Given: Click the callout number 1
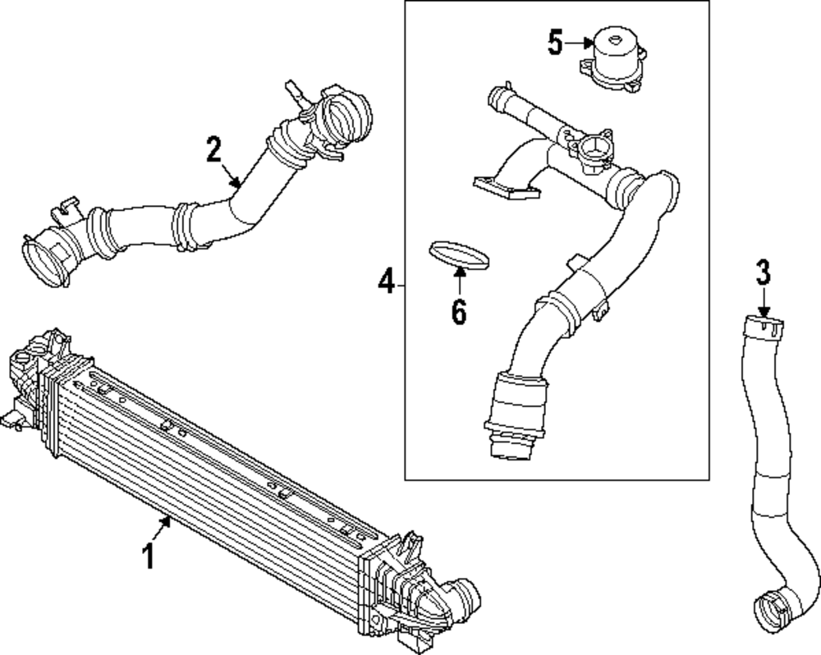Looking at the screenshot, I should point(149,557).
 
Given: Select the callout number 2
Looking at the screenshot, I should point(213,150).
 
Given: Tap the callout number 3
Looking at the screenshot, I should point(764,273).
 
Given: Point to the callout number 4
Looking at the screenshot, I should point(387,285).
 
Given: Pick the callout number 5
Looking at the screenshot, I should point(556,43).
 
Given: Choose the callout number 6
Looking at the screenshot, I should point(458,311).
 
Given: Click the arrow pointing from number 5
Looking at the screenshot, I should point(582,42).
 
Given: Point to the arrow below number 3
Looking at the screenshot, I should point(764,303).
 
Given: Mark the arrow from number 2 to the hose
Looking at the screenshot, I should point(233,176).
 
